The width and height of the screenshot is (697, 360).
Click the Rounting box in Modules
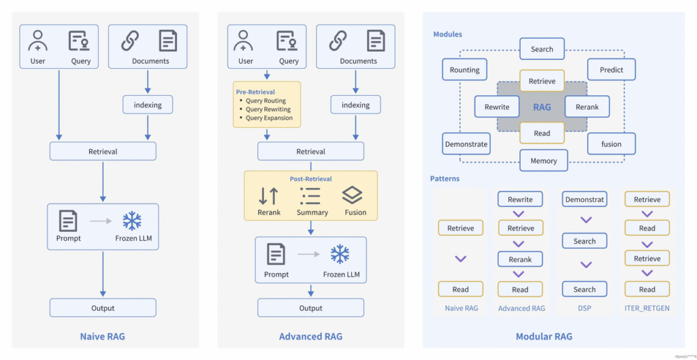(x=465, y=69)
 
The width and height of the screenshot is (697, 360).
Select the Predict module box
(x=611, y=69)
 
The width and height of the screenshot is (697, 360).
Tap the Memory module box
(x=542, y=161)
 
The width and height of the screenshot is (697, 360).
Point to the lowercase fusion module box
(x=611, y=144)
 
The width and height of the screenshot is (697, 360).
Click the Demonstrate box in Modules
(x=466, y=144)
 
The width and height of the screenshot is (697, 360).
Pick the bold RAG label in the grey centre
(x=542, y=107)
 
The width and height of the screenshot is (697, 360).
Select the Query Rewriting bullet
(x=268, y=109)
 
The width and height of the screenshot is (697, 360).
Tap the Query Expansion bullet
(x=269, y=118)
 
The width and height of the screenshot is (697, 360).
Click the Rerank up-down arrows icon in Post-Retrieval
(x=269, y=196)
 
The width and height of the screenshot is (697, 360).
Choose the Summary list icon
(x=311, y=196)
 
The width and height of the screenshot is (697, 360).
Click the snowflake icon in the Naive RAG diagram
(x=131, y=221)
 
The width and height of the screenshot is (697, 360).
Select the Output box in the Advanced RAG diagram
(x=310, y=308)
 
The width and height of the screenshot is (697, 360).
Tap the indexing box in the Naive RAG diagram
(x=148, y=105)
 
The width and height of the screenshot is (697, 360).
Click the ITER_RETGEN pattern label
(x=647, y=308)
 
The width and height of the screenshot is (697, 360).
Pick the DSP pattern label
(x=584, y=308)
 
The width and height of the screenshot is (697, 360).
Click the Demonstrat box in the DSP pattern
(x=584, y=199)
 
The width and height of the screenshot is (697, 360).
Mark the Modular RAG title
(x=544, y=336)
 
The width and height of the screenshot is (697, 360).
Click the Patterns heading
(x=444, y=179)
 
